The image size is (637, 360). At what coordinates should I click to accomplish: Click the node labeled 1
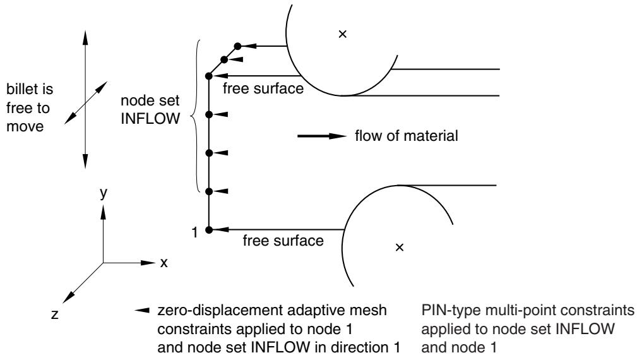pos(209,230)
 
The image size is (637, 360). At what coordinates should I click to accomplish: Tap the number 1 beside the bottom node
pos(195,232)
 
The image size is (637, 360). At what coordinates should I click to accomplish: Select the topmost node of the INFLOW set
pos(237,46)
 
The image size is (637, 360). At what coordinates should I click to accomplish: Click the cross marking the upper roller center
pos(342,34)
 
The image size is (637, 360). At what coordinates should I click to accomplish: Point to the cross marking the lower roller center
pos(400,247)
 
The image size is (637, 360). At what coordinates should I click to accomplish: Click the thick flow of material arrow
pos(322,136)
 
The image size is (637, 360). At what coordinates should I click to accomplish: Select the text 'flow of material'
pos(406,136)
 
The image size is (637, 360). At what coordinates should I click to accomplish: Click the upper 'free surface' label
pos(263,88)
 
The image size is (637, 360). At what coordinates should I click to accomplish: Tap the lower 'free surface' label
pos(283,241)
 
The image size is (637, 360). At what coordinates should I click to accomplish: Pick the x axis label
pos(164,263)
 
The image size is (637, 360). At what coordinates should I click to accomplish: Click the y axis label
pos(104,193)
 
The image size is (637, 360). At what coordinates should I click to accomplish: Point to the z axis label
pos(55,314)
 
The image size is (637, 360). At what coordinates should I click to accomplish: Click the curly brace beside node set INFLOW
pos(194,116)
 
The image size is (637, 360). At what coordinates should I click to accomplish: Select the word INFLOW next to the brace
pos(150,119)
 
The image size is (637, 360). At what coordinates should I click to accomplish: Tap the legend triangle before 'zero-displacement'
pos(142,311)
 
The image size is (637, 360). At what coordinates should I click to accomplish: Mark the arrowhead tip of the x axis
pos(155,263)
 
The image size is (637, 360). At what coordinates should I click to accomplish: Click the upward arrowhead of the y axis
pos(103,212)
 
